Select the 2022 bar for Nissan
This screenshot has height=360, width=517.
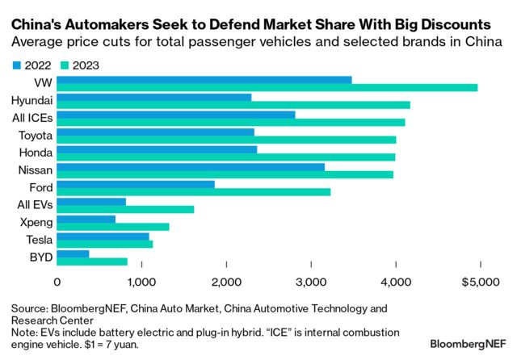point(191,167)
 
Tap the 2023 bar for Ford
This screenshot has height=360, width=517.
point(194,192)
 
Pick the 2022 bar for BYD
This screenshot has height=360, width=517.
point(73,254)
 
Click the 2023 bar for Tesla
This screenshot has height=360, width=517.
point(105,245)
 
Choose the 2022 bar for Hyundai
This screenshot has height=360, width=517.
point(154,97)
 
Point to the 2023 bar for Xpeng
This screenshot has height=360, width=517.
point(113,227)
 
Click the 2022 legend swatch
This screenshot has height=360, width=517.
point(16,65)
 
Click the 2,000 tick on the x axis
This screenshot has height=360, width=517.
point(226,282)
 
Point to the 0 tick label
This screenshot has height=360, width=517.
point(57,282)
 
